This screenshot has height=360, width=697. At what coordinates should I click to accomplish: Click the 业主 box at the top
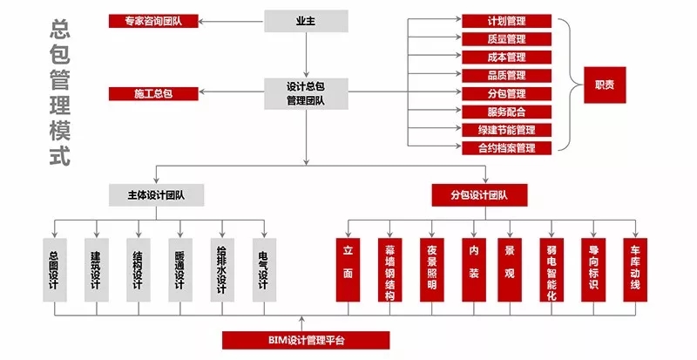(306, 20)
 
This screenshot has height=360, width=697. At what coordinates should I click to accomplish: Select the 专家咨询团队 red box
(153, 20)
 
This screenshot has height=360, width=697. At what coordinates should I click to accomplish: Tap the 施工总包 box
(153, 93)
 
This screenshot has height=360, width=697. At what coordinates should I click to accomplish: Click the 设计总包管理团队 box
(306, 93)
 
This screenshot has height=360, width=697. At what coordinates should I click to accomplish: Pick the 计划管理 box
(506, 21)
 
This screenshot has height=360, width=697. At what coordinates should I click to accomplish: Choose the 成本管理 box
(506, 57)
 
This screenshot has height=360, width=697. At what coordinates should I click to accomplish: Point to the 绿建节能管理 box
(506, 130)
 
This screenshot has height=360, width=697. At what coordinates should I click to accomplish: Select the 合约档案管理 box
(506, 148)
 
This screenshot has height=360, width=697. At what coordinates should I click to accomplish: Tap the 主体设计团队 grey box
(157, 194)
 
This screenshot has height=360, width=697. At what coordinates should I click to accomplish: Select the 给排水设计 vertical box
(222, 269)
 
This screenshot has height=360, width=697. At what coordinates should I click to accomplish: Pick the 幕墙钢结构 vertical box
(389, 269)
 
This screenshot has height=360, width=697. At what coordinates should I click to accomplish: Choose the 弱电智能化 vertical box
(551, 269)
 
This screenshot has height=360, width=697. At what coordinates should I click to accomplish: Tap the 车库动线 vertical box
(635, 269)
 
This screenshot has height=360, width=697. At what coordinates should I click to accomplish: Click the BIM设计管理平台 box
(305, 340)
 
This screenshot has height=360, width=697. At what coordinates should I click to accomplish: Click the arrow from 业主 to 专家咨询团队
(233, 20)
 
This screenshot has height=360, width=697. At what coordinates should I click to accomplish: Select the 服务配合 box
(506, 112)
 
